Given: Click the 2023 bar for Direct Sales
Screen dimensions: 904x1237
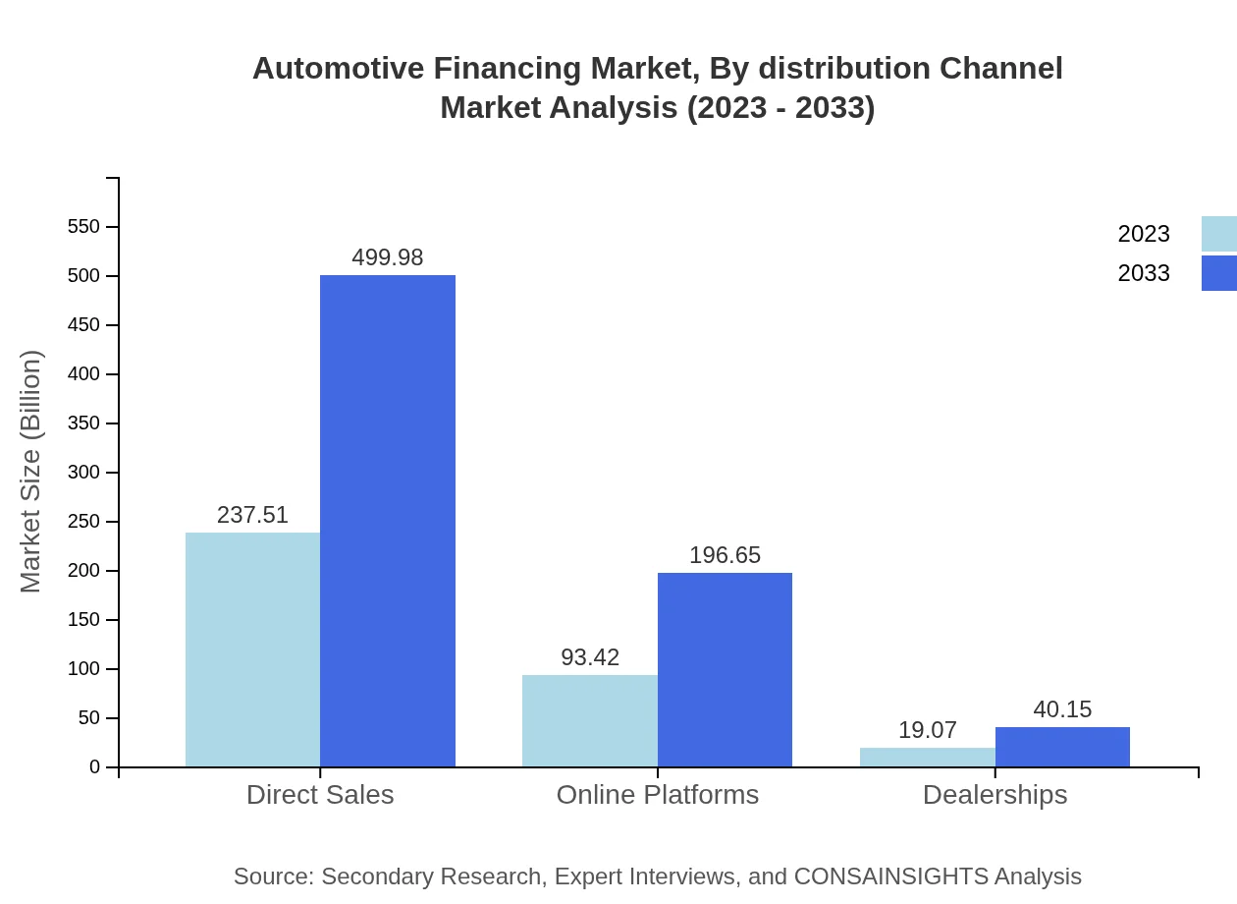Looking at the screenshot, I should coord(252,650).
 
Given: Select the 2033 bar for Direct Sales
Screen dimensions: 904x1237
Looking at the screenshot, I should coord(388,521).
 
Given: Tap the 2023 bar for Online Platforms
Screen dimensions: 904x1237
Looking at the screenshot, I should coord(589,720).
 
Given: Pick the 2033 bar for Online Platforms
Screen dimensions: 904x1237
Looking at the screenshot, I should coord(725,669).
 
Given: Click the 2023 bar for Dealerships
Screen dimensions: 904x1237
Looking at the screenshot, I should coord(927,757).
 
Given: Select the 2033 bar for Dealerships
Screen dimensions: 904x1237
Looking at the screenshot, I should coord(1062,747).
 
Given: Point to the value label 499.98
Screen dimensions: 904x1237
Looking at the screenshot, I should coord(388,257).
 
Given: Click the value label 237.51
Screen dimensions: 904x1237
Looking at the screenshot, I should coord(252,515).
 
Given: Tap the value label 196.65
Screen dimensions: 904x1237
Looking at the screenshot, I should coord(725,555).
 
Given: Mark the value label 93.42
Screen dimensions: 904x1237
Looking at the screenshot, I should coord(589,657).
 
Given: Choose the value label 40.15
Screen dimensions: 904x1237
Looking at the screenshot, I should coord(1062,709).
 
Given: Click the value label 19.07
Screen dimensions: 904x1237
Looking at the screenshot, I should coord(927,730).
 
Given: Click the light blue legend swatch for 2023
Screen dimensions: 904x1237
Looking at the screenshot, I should coord(1218,234).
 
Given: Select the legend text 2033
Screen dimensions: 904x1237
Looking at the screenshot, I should coord(1144,273).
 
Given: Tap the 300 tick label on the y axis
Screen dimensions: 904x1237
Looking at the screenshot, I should coord(83,473).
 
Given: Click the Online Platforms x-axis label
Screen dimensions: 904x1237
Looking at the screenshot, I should coord(657,794).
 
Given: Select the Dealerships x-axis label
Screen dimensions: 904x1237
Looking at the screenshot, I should coord(995,794).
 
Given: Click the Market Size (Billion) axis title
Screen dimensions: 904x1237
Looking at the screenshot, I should coord(30,472).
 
